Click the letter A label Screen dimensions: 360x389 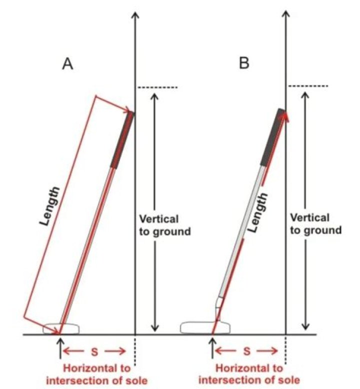point(67,64)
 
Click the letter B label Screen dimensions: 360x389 point(244,63)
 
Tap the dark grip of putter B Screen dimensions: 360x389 point(272,137)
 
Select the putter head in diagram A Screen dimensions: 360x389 point(61,328)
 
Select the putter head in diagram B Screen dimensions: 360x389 point(205,327)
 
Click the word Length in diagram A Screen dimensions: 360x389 point(50,206)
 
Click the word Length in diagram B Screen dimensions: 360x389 point(258,212)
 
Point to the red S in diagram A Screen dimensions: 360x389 point(94,352)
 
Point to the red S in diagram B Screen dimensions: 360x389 point(246,351)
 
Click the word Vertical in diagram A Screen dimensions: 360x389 point(159,219)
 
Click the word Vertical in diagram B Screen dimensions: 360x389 point(310,218)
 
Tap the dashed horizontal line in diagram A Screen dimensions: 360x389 point(158,87)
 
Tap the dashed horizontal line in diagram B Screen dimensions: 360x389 point(308,86)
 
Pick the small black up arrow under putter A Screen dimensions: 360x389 point(60,349)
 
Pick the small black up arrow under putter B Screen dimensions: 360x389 point(212,348)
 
